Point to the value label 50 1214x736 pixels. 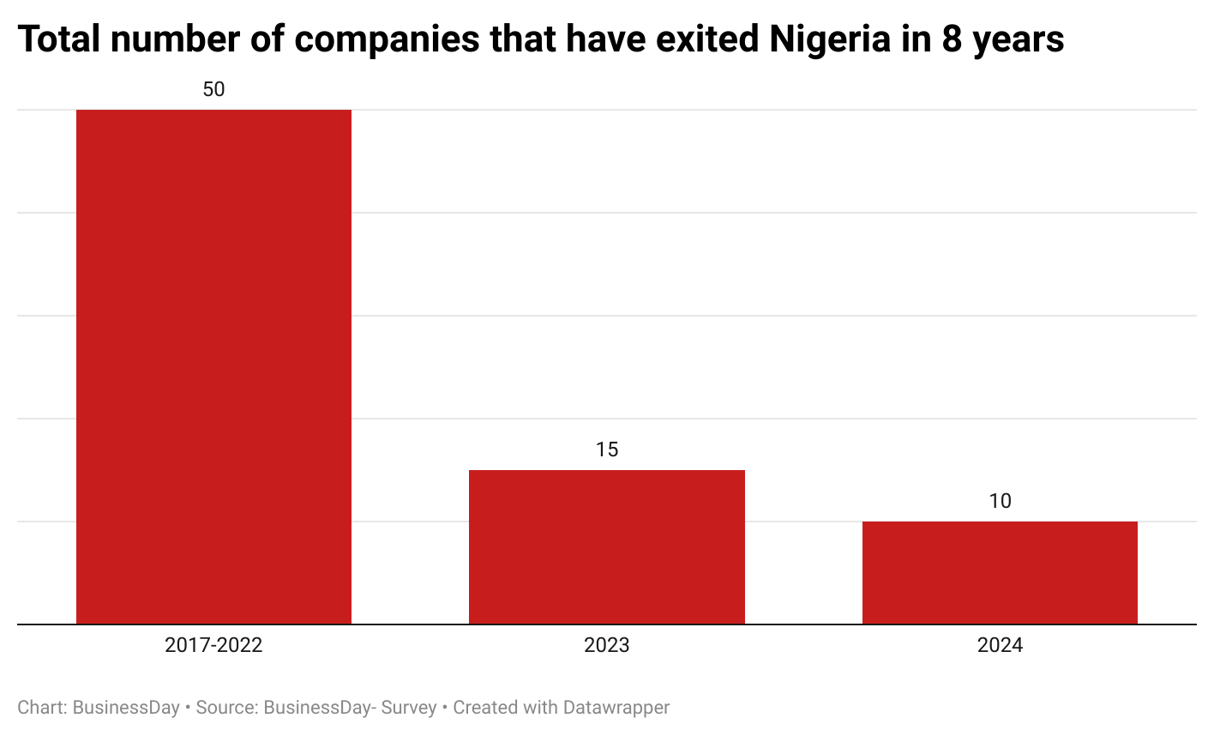pos(213,89)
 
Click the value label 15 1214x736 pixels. pos(607,449)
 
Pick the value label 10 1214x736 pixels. pos(1000,501)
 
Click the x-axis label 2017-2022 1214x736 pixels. pos(213,645)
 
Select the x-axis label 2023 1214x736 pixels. pos(606,645)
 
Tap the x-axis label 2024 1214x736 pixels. pos(1000,645)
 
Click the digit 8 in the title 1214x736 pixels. pos(951,39)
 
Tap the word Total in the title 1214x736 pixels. pos(61,39)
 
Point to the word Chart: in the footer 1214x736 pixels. pos(42,708)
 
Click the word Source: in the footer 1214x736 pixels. pos(226,708)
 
